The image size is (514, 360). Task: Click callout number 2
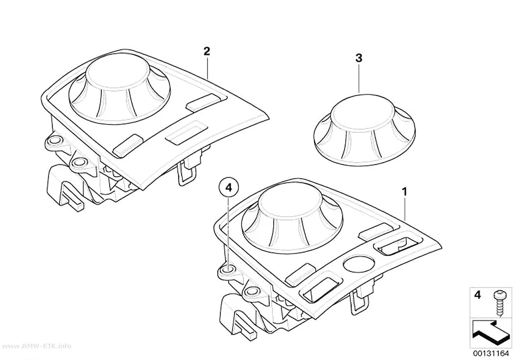tap(207, 51)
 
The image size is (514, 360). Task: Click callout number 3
tap(359, 58)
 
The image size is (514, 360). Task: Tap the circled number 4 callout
tap(229, 188)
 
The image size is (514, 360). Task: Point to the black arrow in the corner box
tap(490, 334)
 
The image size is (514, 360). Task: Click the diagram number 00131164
tap(491, 354)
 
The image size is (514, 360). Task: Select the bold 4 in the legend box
tap(478, 295)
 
